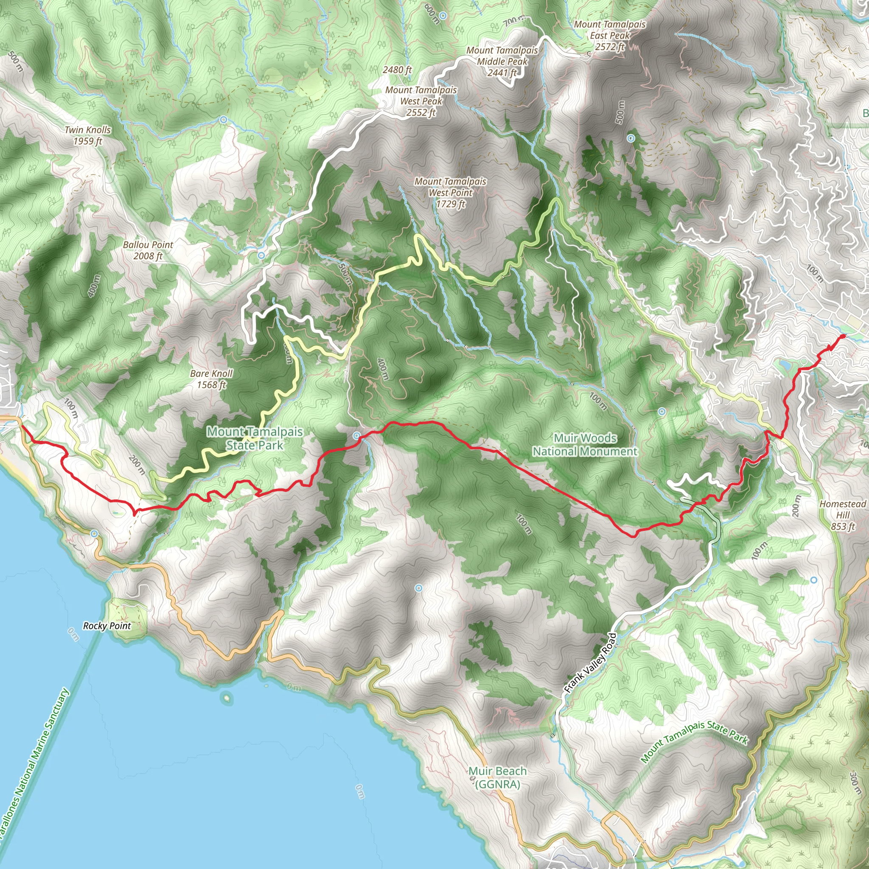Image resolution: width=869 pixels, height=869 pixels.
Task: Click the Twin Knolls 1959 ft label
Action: click(88, 135)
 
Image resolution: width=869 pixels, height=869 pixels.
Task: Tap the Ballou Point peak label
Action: click(148, 250)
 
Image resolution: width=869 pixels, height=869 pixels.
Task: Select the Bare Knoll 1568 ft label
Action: click(211, 379)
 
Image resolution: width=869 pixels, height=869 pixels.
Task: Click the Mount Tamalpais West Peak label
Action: click(421, 101)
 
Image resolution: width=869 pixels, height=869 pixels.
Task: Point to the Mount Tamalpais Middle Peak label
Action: click(502, 62)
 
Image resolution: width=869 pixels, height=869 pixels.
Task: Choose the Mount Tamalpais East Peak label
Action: click(610, 36)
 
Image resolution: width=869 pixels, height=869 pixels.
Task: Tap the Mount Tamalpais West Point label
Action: click(450, 193)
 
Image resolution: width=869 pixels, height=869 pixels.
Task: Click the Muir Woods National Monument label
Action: click(585, 444)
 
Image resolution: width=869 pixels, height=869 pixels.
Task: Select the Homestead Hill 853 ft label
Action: click(842, 515)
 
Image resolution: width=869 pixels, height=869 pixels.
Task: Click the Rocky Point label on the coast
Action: click(107, 626)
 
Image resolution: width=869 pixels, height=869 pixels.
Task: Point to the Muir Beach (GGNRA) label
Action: click(497, 777)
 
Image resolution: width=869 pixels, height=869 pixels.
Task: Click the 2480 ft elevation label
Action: click(397, 70)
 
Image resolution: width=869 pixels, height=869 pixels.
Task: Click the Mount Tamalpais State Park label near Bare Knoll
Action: click(255, 438)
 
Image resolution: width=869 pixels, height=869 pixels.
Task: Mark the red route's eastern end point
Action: click(842, 336)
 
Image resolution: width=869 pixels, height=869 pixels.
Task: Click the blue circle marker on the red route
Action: click(357, 435)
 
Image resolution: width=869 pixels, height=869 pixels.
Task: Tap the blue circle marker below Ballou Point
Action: click(261, 255)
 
